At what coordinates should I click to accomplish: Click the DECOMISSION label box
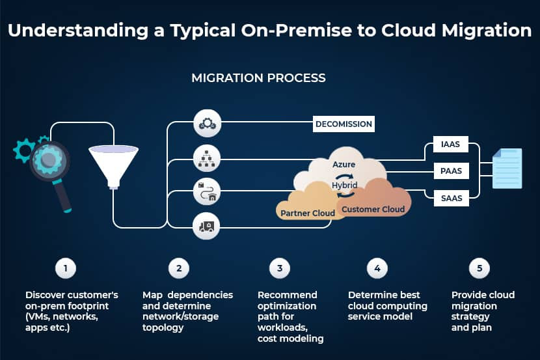tap(344, 124)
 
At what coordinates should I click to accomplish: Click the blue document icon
tap(507, 169)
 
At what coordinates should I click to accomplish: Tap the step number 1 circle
tap(65, 268)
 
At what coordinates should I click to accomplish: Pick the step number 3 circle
tap(279, 268)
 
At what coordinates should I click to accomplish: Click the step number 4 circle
tap(376, 268)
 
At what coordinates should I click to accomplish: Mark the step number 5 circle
tap(479, 268)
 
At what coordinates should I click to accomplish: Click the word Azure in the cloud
tap(344, 165)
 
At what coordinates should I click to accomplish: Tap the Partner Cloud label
tap(307, 213)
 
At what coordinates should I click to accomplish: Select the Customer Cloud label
tap(373, 209)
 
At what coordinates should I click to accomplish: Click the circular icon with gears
tap(208, 124)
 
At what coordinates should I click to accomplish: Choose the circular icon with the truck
tap(208, 226)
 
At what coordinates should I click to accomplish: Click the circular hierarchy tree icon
tap(208, 158)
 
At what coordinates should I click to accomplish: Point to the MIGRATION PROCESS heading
tap(258, 78)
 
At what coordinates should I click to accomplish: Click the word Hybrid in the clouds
tap(345, 186)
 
